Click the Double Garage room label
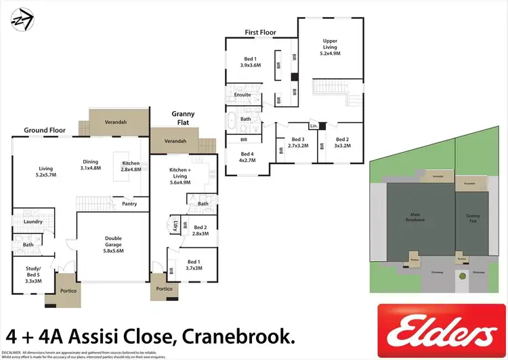[113, 243]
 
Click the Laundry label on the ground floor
[33, 222]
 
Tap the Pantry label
[130, 203]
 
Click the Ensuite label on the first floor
[242, 95]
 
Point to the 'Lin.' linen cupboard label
[313, 127]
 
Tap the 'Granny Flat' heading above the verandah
[183, 119]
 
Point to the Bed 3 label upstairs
[298, 142]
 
